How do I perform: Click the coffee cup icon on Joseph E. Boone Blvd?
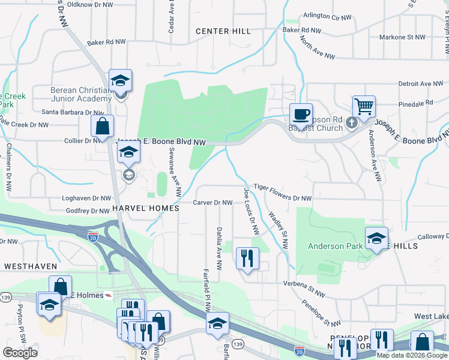[x=300, y=113]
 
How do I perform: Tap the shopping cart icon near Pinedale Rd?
[x=364, y=106]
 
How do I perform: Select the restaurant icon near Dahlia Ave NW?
[x=247, y=258]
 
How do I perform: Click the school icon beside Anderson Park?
[x=376, y=238]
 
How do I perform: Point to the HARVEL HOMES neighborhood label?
[x=145, y=208]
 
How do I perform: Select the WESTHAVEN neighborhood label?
[x=30, y=266]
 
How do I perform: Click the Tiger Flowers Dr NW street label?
[x=282, y=198]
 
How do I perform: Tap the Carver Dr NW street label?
[x=212, y=203]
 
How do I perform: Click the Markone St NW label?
[x=402, y=37]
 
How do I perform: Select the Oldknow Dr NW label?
[x=89, y=5]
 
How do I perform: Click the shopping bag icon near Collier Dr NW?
[x=102, y=126]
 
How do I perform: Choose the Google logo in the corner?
[x=20, y=353]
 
